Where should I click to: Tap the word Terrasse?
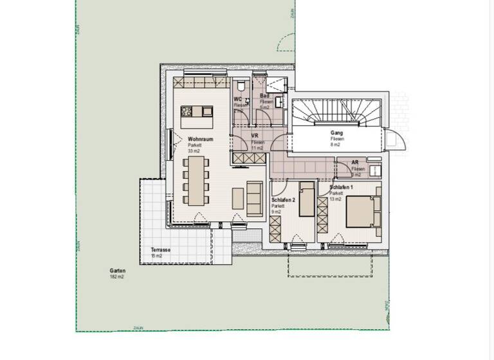tap(160, 250)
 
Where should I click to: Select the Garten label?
tap(117, 271)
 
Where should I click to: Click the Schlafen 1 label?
tap(340, 187)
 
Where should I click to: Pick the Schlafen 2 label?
tap(283, 200)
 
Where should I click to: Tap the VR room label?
tap(255, 136)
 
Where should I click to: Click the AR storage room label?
tap(355, 163)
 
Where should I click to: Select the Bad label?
tap(264, 96)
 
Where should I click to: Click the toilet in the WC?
tap(239, 85)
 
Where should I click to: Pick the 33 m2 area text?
tap(194, 151)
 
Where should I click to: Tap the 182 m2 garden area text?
tap(116, 277)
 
